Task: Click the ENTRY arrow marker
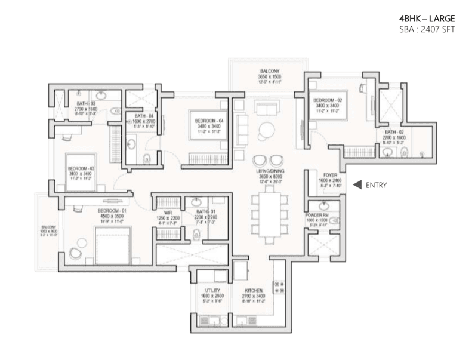coord(357,185)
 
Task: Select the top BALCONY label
coord(269,71)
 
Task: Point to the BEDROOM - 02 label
coord(326,100)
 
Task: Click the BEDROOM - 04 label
coord(209,121)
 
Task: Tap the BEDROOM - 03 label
coord(81,169)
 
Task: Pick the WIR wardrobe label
coord(168,212)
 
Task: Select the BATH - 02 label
coord(394,132)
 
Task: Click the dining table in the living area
coord(267,215)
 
